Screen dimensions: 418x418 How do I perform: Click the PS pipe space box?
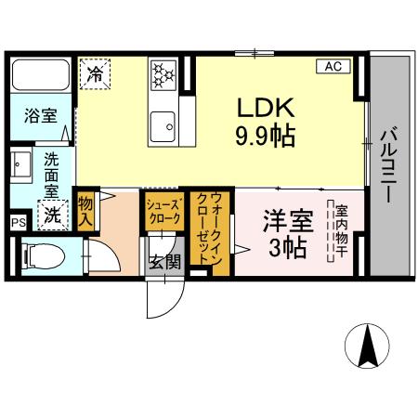coord(17,223)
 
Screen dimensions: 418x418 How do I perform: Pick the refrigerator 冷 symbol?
coord(96,72)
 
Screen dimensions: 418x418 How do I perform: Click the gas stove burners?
coord(164,72)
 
